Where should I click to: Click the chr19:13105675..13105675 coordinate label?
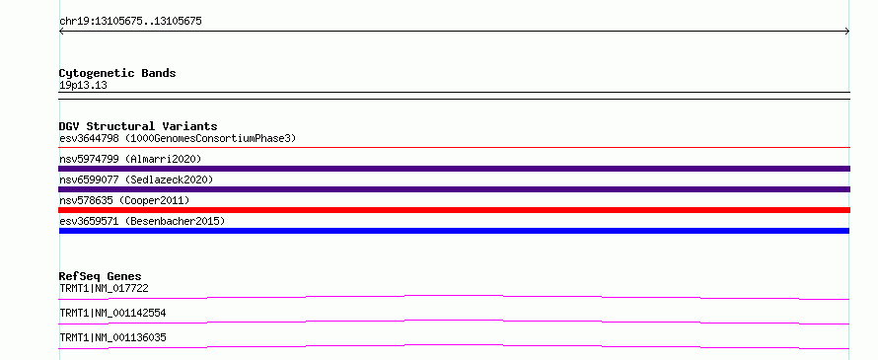pos(130,22)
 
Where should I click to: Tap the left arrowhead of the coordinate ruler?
pos(61,32)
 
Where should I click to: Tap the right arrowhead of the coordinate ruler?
pos(847,32)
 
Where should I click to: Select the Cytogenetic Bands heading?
pos(117,73)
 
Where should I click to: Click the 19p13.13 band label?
pos(83,86)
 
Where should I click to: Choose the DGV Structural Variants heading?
pos(138,126)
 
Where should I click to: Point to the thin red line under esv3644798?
pos(455,148)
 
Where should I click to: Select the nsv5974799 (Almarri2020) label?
pos(130,159)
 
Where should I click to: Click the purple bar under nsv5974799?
pos(455,169)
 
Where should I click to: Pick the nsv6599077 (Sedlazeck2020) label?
pos(136,180)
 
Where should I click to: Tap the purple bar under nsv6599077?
pos(455,189)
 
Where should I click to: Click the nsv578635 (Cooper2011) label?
pos(124,200)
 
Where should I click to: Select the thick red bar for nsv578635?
pos(455,210)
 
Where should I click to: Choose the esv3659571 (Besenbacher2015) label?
pos(142,221)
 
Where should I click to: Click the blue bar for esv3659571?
pos(455,231)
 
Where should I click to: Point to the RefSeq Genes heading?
pos(101,276)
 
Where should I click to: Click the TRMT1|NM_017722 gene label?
pos(105,288)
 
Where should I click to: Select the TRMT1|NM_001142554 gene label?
pos(112,313)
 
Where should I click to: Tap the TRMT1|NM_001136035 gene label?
pos(112,337)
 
